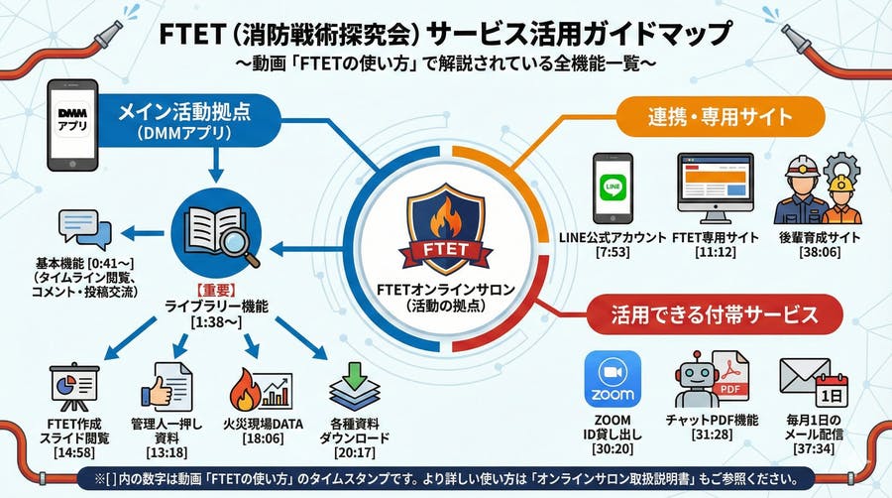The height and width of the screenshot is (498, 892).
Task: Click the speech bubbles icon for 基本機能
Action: (86, 230)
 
